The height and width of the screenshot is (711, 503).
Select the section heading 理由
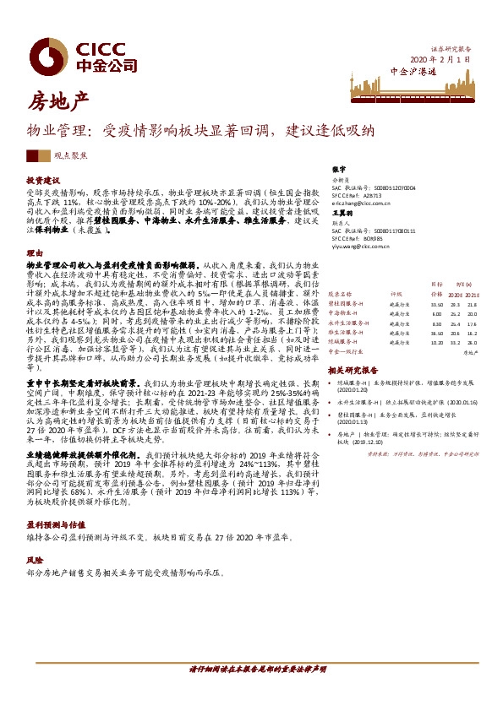[x=34, y=252]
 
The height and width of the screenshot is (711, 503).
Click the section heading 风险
[x=34, y=560]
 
